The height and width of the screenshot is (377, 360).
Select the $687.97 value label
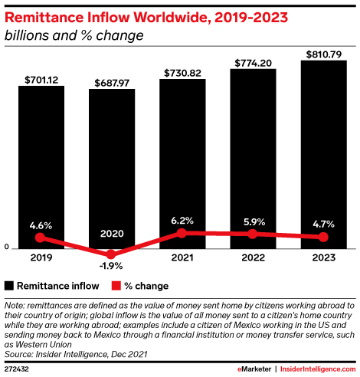click(112, 81)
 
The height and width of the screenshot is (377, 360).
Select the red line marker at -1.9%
click(112, 254)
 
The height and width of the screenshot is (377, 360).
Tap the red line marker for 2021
click(182, 233)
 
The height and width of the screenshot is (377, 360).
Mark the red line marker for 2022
click(253, 234)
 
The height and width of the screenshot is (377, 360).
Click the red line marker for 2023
click(323, 237)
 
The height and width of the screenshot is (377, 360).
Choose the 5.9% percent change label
click(253, 221)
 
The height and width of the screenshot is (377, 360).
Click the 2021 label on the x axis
click(182, 260)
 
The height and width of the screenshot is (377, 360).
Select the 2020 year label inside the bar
click(112, 233)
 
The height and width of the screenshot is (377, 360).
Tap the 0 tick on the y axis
click(6, 248)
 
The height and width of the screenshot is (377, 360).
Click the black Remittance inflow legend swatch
click(8, 286)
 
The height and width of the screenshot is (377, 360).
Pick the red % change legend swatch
click(116, 286)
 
